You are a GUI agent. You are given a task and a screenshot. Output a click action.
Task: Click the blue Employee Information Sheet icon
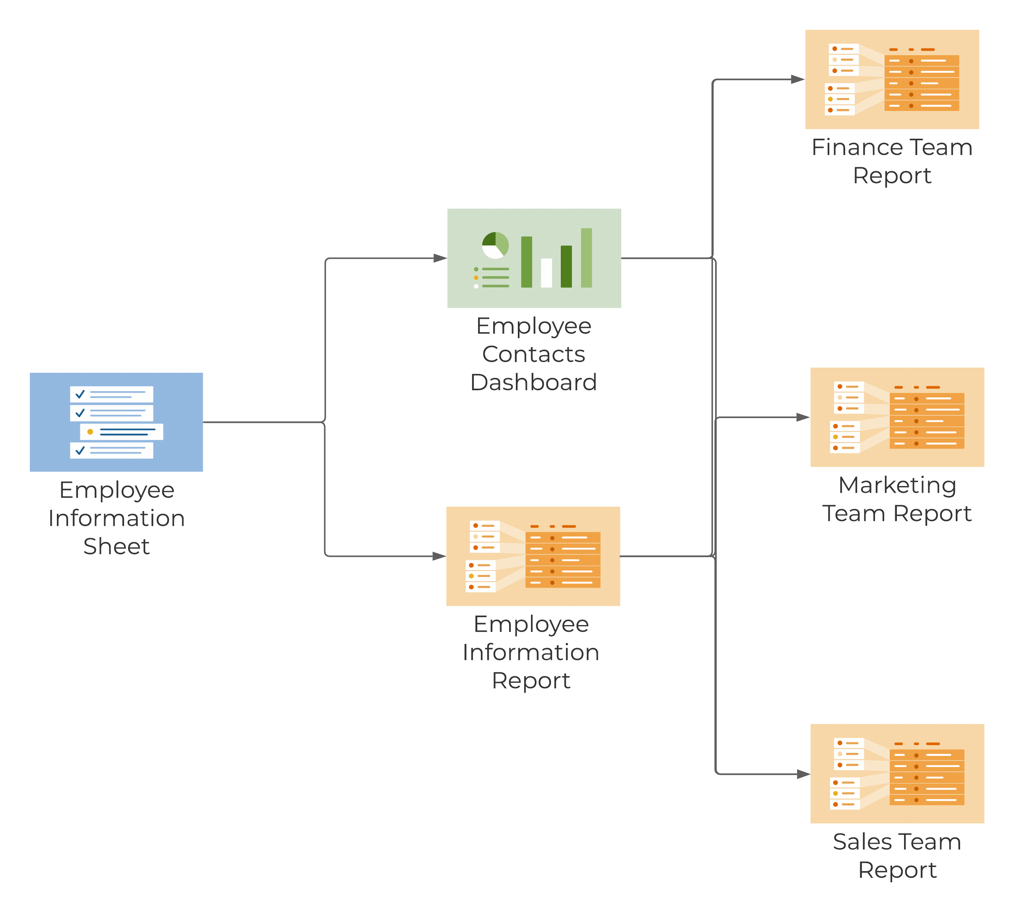tap(116, 422)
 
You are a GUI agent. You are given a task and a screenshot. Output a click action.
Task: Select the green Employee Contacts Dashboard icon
tap(534, 258)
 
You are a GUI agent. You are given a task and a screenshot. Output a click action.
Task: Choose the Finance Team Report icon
tap(892, 79)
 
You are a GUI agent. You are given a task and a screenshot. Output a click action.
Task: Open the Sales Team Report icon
tap(897, 774)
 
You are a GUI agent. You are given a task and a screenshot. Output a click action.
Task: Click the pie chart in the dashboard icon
tap(495, 245)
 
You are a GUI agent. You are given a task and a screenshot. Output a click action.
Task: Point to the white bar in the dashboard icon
tap(546, 273)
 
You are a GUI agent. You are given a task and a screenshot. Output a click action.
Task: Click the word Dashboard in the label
tap(533, 382)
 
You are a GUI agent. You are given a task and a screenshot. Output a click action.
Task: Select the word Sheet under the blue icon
tap(116, 546)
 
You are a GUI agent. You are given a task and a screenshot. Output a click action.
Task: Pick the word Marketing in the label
tap(897, 485)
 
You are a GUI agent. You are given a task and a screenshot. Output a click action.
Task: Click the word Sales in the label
tap(861, 842)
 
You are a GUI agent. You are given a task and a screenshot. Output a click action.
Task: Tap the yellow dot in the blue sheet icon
tap(90, 432)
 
